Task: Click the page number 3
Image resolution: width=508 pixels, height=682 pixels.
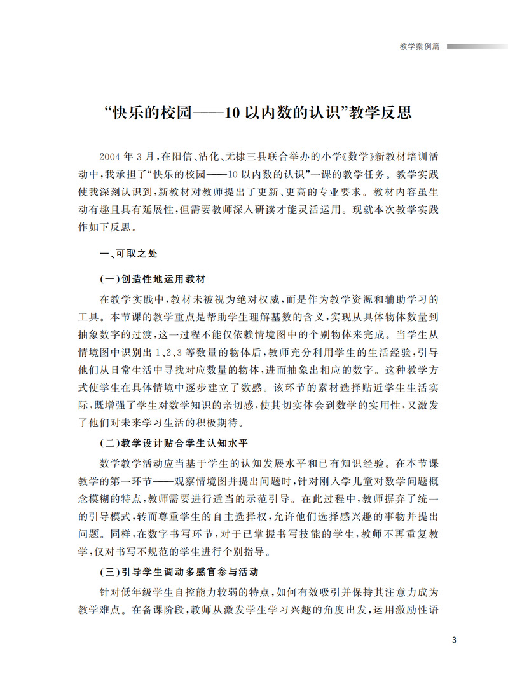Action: click(x=453, y=639)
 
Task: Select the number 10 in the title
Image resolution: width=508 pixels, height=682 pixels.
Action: click(x=232, y=113)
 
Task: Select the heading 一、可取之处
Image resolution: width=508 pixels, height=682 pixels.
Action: click(x=128, y=253)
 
